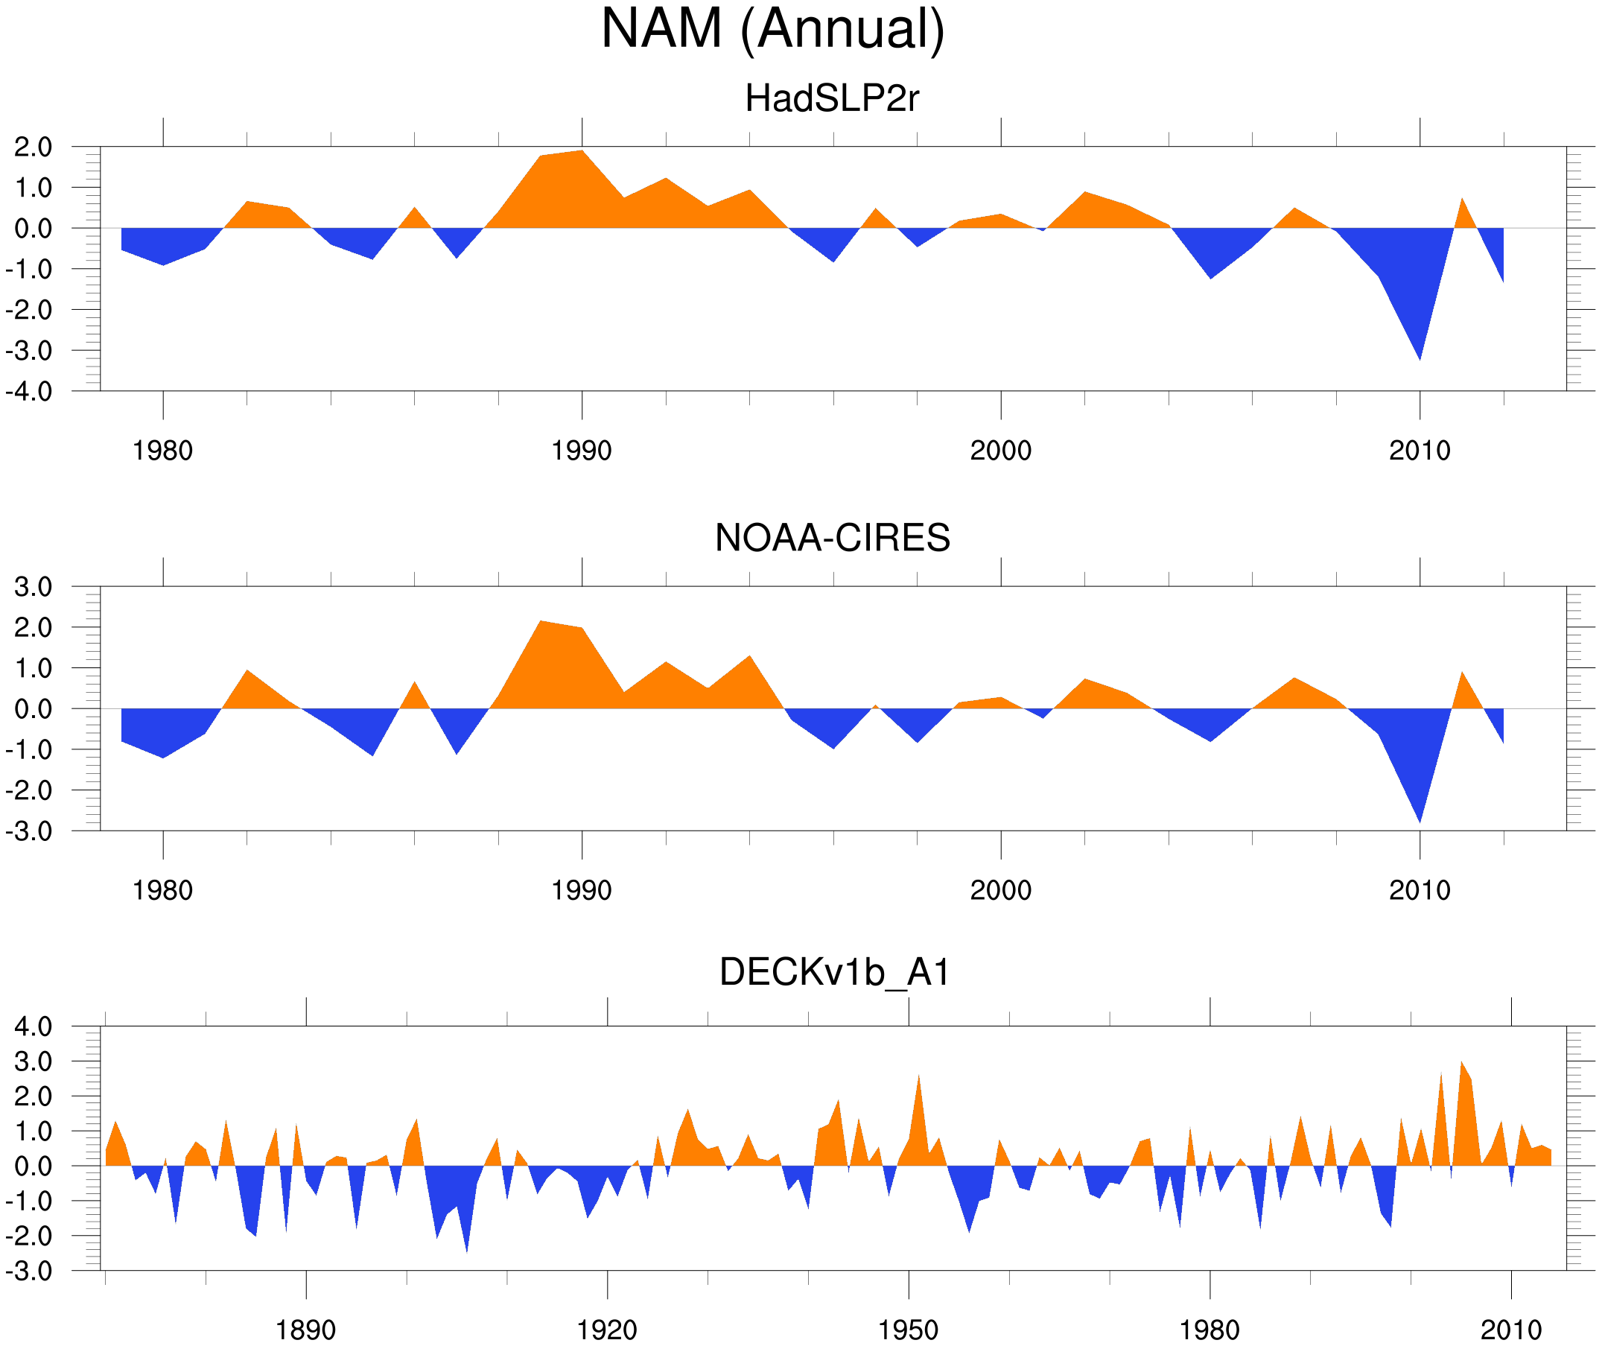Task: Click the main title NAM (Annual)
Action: point(772,29)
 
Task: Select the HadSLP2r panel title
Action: point(831,98)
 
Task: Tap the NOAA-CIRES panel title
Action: point(832,538)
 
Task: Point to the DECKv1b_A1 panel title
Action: point(835,972)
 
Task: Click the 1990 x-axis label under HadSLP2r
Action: point(582,451)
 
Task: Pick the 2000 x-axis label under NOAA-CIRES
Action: point(1000,890)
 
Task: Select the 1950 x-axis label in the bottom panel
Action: point(908,1330)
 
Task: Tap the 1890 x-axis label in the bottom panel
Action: point(305,1330)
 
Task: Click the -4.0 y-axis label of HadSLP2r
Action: point(29,392)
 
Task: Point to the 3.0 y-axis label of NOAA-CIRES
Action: point(33,587)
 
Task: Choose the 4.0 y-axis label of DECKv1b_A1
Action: point(33,1026)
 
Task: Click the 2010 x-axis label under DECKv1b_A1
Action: point(1510,1330)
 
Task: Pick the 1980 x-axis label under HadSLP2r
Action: point(162,451)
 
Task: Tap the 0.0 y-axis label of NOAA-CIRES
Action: point(33,709)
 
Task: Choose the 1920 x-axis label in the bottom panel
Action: point(606,1330)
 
